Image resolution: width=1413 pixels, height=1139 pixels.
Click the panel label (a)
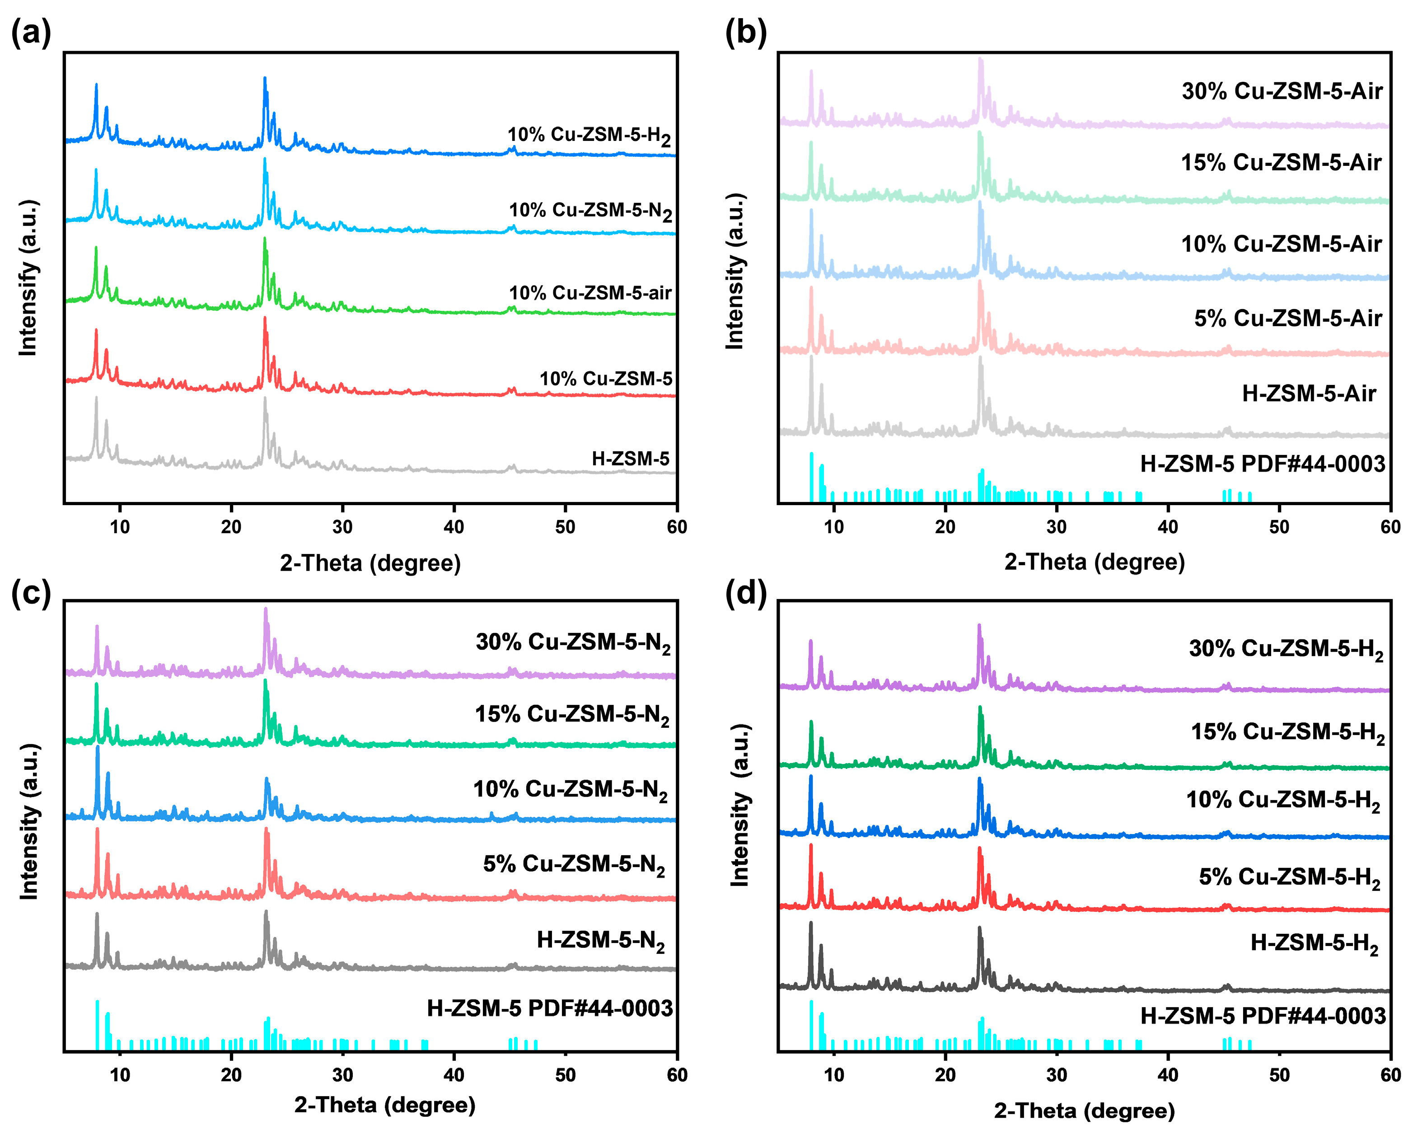point(31,33)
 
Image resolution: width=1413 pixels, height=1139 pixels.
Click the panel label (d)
point(745,593)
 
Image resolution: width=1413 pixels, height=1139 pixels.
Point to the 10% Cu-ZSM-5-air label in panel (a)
point(590,293)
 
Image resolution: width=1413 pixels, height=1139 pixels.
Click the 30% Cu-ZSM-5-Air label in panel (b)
point(1282,91)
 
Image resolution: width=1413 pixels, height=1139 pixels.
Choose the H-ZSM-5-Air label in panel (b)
point(1309,394)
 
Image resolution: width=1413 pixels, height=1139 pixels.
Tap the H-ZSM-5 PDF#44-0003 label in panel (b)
point(1262,464)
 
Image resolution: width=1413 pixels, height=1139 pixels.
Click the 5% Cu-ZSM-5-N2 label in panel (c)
point(574,864)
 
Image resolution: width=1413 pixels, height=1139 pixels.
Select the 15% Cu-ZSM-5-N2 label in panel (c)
point(572,714)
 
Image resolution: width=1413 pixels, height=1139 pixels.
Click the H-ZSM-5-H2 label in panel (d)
point(1314,943)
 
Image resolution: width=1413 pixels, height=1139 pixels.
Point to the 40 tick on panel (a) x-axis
point(454,527)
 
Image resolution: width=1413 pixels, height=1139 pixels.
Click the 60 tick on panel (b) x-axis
point(1390,527)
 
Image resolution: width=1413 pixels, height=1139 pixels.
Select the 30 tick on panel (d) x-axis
point(1056,1075)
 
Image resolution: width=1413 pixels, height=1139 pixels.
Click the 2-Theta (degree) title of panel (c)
point(384,1105)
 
